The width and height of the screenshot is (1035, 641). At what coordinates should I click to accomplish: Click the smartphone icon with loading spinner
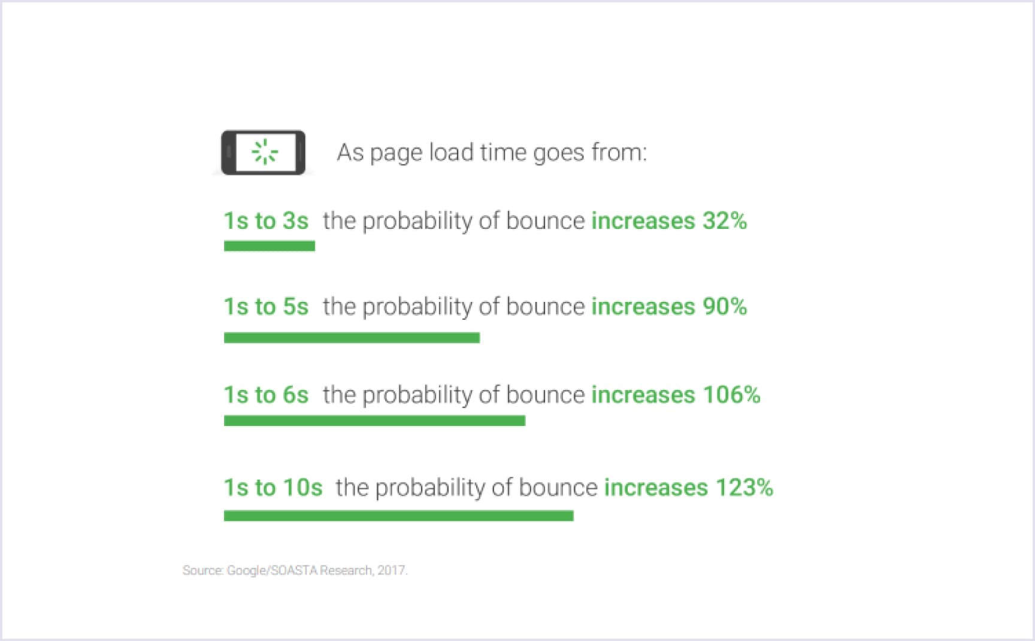263,153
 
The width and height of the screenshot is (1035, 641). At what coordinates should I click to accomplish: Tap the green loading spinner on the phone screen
264,152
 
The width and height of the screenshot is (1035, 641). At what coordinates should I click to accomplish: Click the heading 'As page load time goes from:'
492,153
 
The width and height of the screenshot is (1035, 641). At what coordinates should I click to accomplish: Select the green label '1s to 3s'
266,221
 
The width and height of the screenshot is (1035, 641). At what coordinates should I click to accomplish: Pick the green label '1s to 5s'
266,307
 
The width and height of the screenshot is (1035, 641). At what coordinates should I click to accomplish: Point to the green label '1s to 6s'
266,395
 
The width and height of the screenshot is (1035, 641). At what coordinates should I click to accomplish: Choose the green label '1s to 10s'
273,488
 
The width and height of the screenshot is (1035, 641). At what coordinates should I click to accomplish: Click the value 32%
725,221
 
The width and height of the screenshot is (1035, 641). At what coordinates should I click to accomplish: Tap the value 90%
725,307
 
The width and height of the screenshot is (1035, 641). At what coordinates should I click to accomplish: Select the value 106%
731,395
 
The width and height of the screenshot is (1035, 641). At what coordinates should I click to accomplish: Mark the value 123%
745,488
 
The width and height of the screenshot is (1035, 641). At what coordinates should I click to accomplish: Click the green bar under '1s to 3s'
270,246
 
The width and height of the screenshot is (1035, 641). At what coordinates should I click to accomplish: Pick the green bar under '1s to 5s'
352,338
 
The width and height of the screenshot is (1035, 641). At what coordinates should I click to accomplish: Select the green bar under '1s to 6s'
374,421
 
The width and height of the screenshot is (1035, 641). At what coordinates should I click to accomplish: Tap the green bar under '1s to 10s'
398,516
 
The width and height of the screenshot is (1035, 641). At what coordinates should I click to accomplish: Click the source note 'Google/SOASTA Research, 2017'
317,570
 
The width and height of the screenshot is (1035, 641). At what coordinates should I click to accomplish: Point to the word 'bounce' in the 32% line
545,221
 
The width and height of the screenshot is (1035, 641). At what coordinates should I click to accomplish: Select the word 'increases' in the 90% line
643,307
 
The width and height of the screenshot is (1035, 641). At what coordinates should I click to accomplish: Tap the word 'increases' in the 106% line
643,395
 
